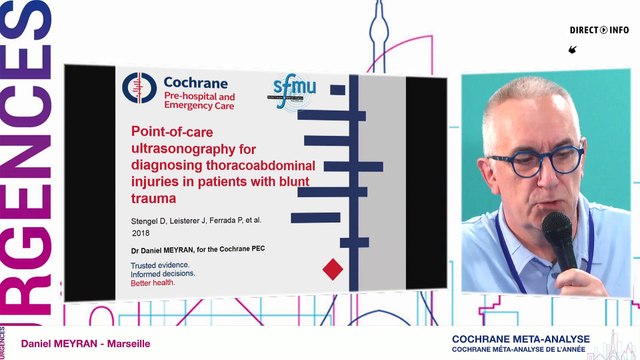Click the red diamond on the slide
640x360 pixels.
pyautogui.click(x=333, y=268)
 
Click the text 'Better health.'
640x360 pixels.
pyautogui.click(x=162, y=281)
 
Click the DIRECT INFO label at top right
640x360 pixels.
pyautogui.click(x=600, y=30)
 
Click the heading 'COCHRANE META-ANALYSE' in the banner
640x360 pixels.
pyautogui.click(x=519, y=339)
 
